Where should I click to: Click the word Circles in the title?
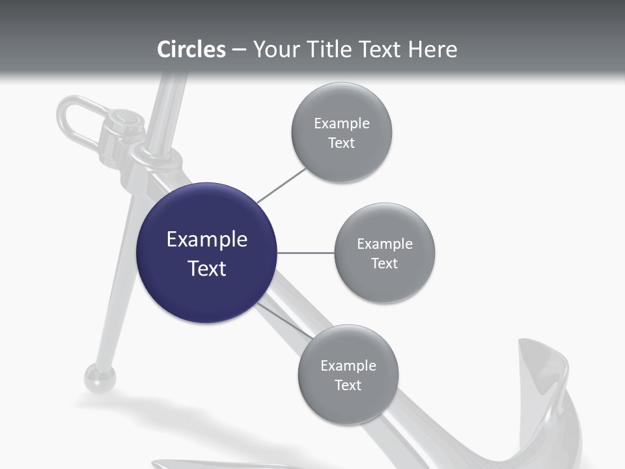point(191,50)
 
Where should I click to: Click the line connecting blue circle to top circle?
point(281,185)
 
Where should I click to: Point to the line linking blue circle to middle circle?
point(305,253)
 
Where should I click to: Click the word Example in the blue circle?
point(207,240)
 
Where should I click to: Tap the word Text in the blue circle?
point(207,268)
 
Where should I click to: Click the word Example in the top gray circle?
point(342,124)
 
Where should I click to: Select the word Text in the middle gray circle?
point(385,263)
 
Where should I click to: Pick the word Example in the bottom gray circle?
point(348,365)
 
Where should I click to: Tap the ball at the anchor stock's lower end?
point(100,378)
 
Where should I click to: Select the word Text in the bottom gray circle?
point(348,385)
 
